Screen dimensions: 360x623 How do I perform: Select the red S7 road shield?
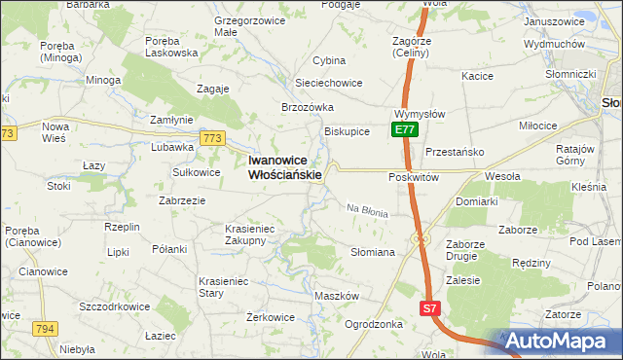(430, 308)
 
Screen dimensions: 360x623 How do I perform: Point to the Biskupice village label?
(347, 131)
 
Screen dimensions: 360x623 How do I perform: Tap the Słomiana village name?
(372, 252)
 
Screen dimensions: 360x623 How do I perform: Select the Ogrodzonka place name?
(374, 324)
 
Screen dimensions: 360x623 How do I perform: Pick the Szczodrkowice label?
(115, 306)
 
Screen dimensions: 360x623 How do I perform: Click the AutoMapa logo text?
(563, 342)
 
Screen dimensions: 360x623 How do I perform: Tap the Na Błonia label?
(368, 210)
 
